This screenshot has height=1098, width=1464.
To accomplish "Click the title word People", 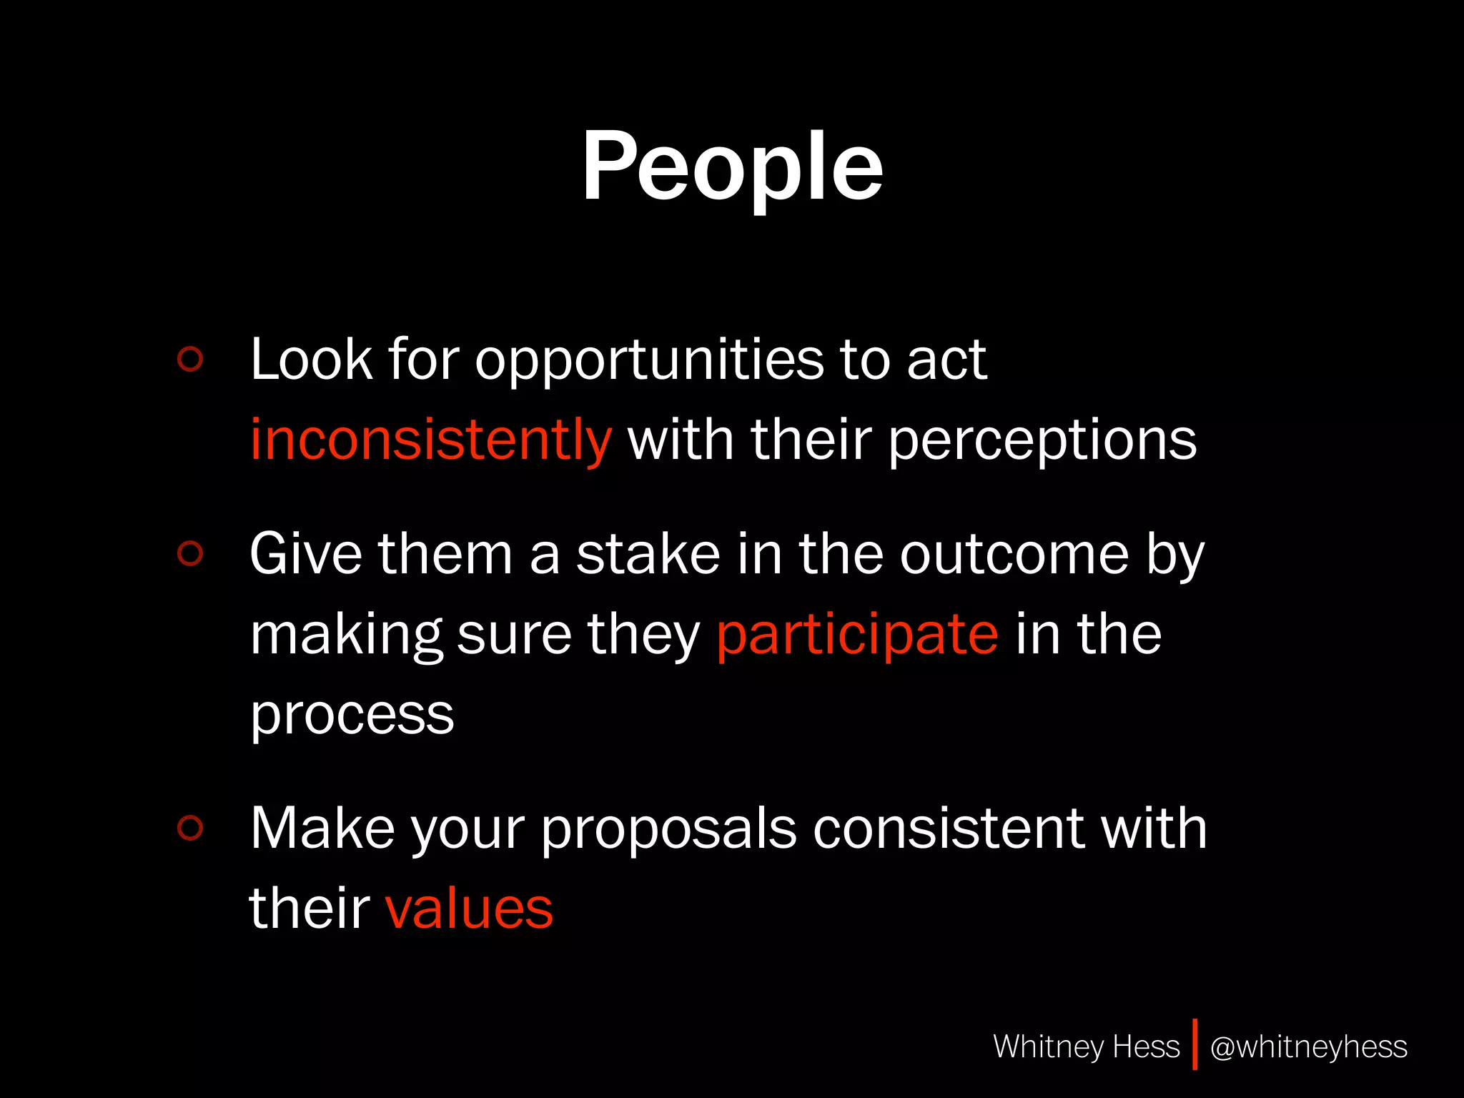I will coord(732,168).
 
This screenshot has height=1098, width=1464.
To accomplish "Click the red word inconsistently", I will coord(430,439).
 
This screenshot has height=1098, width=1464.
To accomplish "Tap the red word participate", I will coord(857,634).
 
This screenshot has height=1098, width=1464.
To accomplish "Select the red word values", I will coord(469,909).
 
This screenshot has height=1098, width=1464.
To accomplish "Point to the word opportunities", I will coord(649,360).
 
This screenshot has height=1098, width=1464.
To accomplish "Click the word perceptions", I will coord(1042,440).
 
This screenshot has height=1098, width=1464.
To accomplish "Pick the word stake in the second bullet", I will coord(648,554).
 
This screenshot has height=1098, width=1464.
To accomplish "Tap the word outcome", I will coord(1014,555).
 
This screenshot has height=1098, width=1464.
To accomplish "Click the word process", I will coord(352,715).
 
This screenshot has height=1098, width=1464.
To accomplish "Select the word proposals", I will coord(668,830).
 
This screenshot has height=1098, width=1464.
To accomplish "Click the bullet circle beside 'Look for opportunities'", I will coord(190,359).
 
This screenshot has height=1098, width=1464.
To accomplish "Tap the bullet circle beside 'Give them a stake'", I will coord(190,553).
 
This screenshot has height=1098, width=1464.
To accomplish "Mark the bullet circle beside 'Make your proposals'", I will coord(190,828).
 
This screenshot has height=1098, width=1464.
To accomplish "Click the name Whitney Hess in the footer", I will coord(1086,1047).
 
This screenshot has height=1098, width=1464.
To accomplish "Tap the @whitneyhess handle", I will coord(1308,1047).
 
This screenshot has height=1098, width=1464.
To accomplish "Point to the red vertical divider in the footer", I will coord(1195,1044).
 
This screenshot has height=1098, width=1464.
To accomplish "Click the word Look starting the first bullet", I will coord(311,359).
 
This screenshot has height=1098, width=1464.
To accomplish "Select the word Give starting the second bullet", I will coord(305,554).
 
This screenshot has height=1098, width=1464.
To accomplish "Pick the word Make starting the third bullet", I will coord(322,829).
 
